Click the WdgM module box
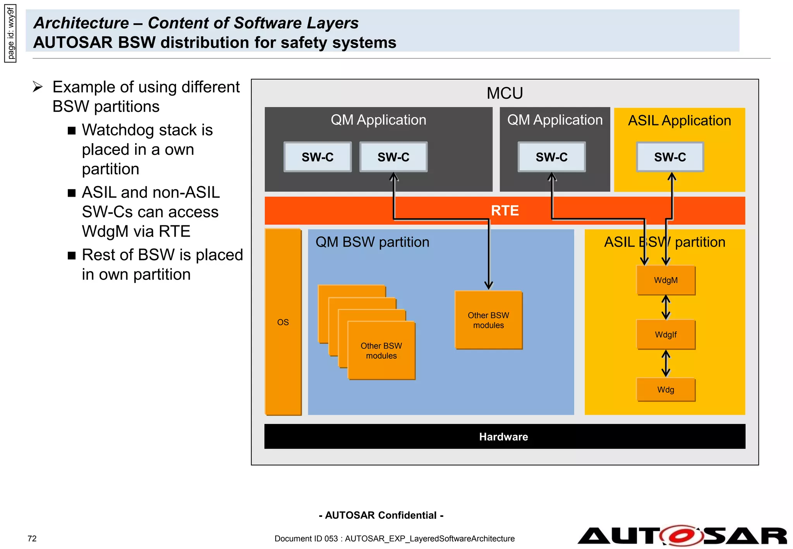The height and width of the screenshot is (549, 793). point(666,280)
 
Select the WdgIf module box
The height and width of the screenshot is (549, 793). point(666,335)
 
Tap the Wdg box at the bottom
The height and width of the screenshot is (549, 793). point(666,389)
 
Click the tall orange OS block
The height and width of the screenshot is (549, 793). point(283,322)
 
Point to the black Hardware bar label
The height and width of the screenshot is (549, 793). point(503,437)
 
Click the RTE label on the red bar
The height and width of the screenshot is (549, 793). point(505,211)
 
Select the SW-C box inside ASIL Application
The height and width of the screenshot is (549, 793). point(670,157)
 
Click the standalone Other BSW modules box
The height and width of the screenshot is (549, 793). point(488,320)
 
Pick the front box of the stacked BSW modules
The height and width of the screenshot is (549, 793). point(381,350)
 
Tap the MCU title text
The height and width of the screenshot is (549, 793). point(505,93)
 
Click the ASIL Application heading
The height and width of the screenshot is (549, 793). point(679,120)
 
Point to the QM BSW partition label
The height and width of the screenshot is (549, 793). point(372,242)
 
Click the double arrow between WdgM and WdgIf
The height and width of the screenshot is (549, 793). point(666,307)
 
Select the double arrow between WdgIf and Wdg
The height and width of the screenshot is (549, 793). point(666,363)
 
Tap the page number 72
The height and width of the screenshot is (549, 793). point(32,539)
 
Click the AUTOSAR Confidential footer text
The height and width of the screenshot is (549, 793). point(381,515)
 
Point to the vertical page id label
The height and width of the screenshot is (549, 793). point(10,33)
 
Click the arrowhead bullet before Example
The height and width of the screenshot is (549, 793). point(38,87)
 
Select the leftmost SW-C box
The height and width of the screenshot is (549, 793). point(318,157)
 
